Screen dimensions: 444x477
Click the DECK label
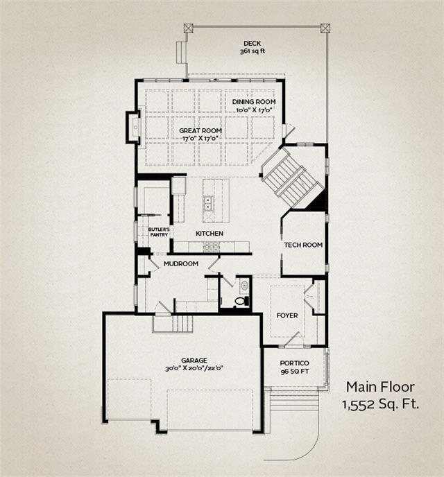click(x=252, y=44)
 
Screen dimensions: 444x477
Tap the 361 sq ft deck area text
click(x=253, y=51)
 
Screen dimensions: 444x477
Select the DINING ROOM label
click(x=254, y=102)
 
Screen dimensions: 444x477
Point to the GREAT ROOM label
click(x=200, y=130)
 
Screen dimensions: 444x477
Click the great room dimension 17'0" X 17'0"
click(x=201, y=138)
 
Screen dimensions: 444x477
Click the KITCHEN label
click(x=210, y=234)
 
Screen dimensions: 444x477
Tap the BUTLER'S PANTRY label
click(x=159, y=232)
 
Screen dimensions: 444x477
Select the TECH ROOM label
click(x=303, y=245)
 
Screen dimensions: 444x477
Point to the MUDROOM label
click(x=181, y=263)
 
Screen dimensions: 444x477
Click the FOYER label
click(x=287, y=315)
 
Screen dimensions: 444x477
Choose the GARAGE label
click(x=194, y=361)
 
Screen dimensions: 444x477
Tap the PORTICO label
click(x=294, y=363)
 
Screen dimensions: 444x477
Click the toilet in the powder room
click(x=242, y=301)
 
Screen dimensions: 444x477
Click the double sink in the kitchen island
click(x=208, y=204)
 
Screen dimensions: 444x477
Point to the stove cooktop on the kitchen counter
click(x=211, y=247)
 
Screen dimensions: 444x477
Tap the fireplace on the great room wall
click(x=134, y=127)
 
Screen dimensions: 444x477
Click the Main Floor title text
click(x=380, y=387)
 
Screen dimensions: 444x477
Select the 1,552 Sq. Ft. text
click(x=380, y=404)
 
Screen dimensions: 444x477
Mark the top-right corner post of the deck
click(x=325, y=28)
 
